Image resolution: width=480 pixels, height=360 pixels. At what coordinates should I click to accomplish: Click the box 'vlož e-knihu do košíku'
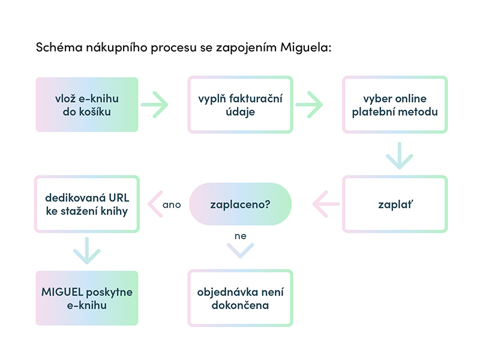point(87,104)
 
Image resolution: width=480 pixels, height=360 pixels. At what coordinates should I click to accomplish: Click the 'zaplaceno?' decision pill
point(241,204)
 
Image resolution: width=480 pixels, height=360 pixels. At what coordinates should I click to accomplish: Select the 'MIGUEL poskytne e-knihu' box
point(87,298)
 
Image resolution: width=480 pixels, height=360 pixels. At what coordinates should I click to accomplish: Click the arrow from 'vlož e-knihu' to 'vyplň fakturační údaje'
point(154,104)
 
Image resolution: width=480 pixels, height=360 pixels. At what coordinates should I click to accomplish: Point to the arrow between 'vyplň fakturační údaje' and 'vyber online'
point(309,104)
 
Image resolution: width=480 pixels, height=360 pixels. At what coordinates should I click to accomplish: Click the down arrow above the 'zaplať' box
point(400,155)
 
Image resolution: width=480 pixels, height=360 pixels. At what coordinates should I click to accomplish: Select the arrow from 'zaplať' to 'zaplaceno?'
point(326,204)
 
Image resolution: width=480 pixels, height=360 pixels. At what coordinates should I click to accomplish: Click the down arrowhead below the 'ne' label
point(241,251)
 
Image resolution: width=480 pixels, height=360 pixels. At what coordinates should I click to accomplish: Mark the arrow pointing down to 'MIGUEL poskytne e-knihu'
point(87,250)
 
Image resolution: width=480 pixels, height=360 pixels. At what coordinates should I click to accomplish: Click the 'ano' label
point(172,205)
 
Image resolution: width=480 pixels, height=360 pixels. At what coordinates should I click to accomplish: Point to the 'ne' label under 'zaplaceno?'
point(241,236)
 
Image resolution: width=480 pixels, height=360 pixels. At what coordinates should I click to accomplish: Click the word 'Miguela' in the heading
point(306,48)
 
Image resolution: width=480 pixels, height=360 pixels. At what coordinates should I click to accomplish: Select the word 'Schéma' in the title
point(59,47)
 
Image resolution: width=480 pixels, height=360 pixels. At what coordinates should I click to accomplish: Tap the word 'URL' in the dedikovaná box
point(119,198)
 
